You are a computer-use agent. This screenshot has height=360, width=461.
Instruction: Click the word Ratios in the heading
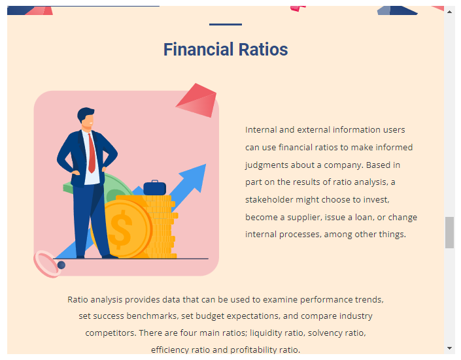264,50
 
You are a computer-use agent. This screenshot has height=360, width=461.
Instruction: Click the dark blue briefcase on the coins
154,188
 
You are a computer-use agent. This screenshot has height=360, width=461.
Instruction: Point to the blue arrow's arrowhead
195,176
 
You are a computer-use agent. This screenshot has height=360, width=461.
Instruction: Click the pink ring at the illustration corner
47,264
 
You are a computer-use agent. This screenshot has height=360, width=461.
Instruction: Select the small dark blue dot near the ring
61,265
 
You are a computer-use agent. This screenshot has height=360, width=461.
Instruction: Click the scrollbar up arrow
449,12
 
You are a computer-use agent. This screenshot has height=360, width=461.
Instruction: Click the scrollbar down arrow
449,348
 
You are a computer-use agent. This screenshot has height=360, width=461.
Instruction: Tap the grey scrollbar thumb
449,233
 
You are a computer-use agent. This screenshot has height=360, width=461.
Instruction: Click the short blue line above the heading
226,24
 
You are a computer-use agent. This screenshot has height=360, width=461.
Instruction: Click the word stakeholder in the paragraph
269,199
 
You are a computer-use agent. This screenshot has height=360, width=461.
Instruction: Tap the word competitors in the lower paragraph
111,333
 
